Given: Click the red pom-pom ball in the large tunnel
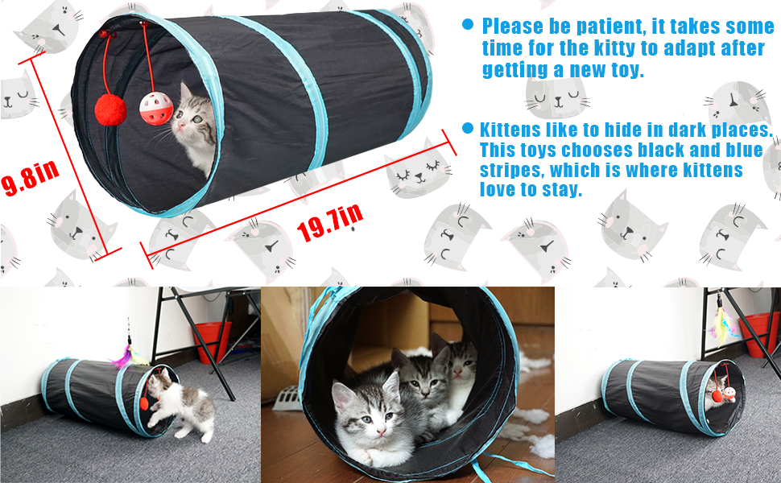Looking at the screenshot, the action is tap(110, 109).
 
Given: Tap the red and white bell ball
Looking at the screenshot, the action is tap(156, 108).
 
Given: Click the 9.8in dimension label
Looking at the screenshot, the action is tap(30, 177).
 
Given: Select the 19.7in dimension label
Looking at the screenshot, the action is tap(330, 222).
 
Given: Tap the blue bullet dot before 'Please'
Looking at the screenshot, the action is tap(468, 24).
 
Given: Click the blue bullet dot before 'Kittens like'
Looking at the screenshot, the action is tap(467, 129).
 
